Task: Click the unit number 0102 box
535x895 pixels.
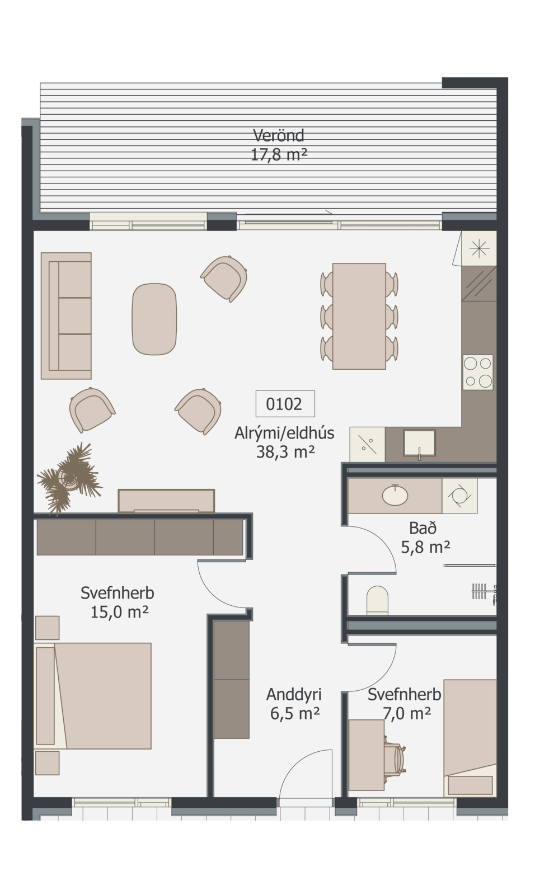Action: point(285,403)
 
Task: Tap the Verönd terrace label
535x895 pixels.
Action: point(279,135)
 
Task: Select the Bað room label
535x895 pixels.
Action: point(423,528)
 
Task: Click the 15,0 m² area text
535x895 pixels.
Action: point(120,612)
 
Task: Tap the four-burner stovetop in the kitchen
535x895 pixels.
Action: point(478,372)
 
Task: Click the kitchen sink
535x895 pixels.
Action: point(419,442)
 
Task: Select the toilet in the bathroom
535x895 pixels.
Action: point(377,600)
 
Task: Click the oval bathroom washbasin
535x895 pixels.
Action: point(395,496)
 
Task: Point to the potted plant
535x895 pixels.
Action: point(69,478)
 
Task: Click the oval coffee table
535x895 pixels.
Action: point(154,319)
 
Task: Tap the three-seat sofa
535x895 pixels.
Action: point(66,315)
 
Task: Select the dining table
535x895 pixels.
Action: point(359,316)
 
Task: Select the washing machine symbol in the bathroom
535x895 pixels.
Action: point(459,496)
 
